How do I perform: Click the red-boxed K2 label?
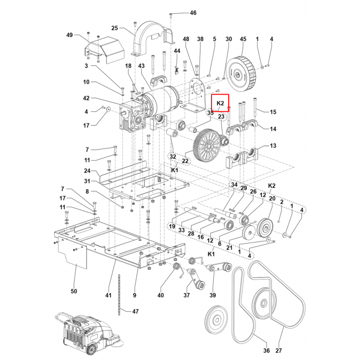[220, 103]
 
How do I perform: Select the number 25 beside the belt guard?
[115, 28]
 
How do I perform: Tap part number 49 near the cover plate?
[70, 35]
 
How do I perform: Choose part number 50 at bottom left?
[74, 291]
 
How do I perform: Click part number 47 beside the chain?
[136, 311]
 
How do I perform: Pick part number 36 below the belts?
[266, 350]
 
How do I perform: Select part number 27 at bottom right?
[279, 350]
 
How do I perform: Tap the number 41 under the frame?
[109, 295]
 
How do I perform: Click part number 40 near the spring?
[161, 295]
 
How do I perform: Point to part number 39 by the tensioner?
[213, 295]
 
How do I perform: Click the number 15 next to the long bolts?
[272, 112]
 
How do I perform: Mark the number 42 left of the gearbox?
[86, 98]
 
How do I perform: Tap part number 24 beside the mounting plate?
[87, 171]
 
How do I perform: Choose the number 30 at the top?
[228, 39]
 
